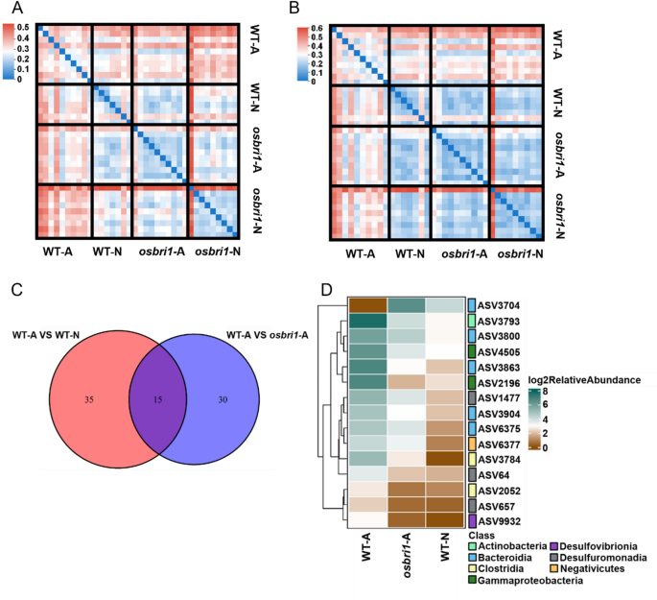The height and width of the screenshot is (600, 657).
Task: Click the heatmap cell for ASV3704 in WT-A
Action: click(367, 306)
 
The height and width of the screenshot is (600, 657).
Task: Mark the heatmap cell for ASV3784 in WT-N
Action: click(448, 458)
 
